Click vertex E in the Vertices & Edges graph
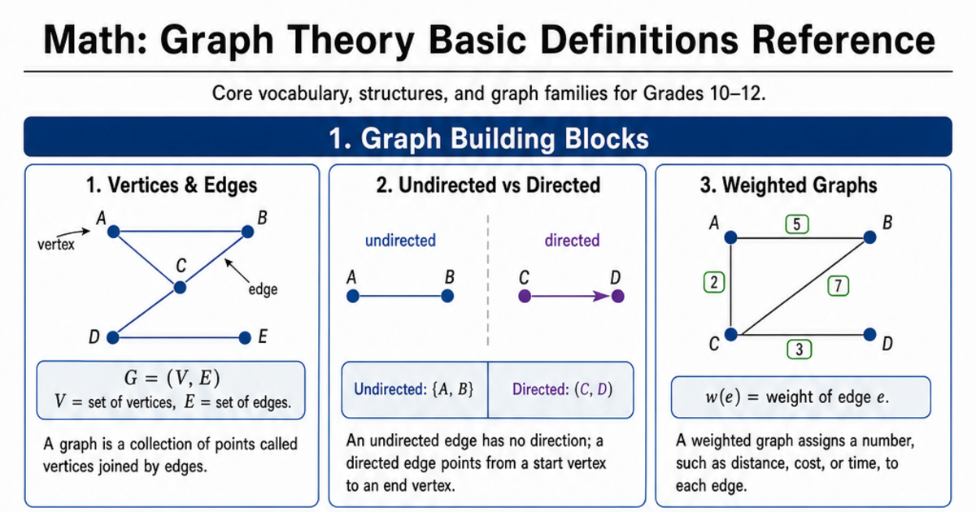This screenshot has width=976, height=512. [245, 337]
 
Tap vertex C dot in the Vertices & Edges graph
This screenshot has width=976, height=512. [180, 288]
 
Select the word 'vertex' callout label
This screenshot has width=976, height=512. [56, 245]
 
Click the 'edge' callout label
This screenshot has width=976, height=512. [263, 289]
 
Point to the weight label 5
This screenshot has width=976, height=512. [797, 224]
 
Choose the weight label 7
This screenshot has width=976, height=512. [838, 286]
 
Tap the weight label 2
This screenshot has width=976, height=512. [714, 282]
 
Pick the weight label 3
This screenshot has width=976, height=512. [799, 349]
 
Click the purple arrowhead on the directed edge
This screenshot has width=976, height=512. [602, 297]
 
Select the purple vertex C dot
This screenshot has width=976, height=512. [525, 297]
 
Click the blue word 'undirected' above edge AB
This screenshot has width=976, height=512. [400, 241]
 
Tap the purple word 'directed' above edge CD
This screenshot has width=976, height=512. [572, 241]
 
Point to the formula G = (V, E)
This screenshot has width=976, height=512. [172, 377]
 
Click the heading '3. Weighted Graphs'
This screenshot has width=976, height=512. [788, 185]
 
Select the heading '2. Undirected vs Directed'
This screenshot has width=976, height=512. [488, 185]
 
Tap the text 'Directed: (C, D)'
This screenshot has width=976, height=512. [562, 389]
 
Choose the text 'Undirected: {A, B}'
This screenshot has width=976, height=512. [413, 389]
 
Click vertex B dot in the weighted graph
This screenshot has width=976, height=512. [869, 237]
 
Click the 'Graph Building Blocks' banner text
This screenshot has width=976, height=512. [505, 138]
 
